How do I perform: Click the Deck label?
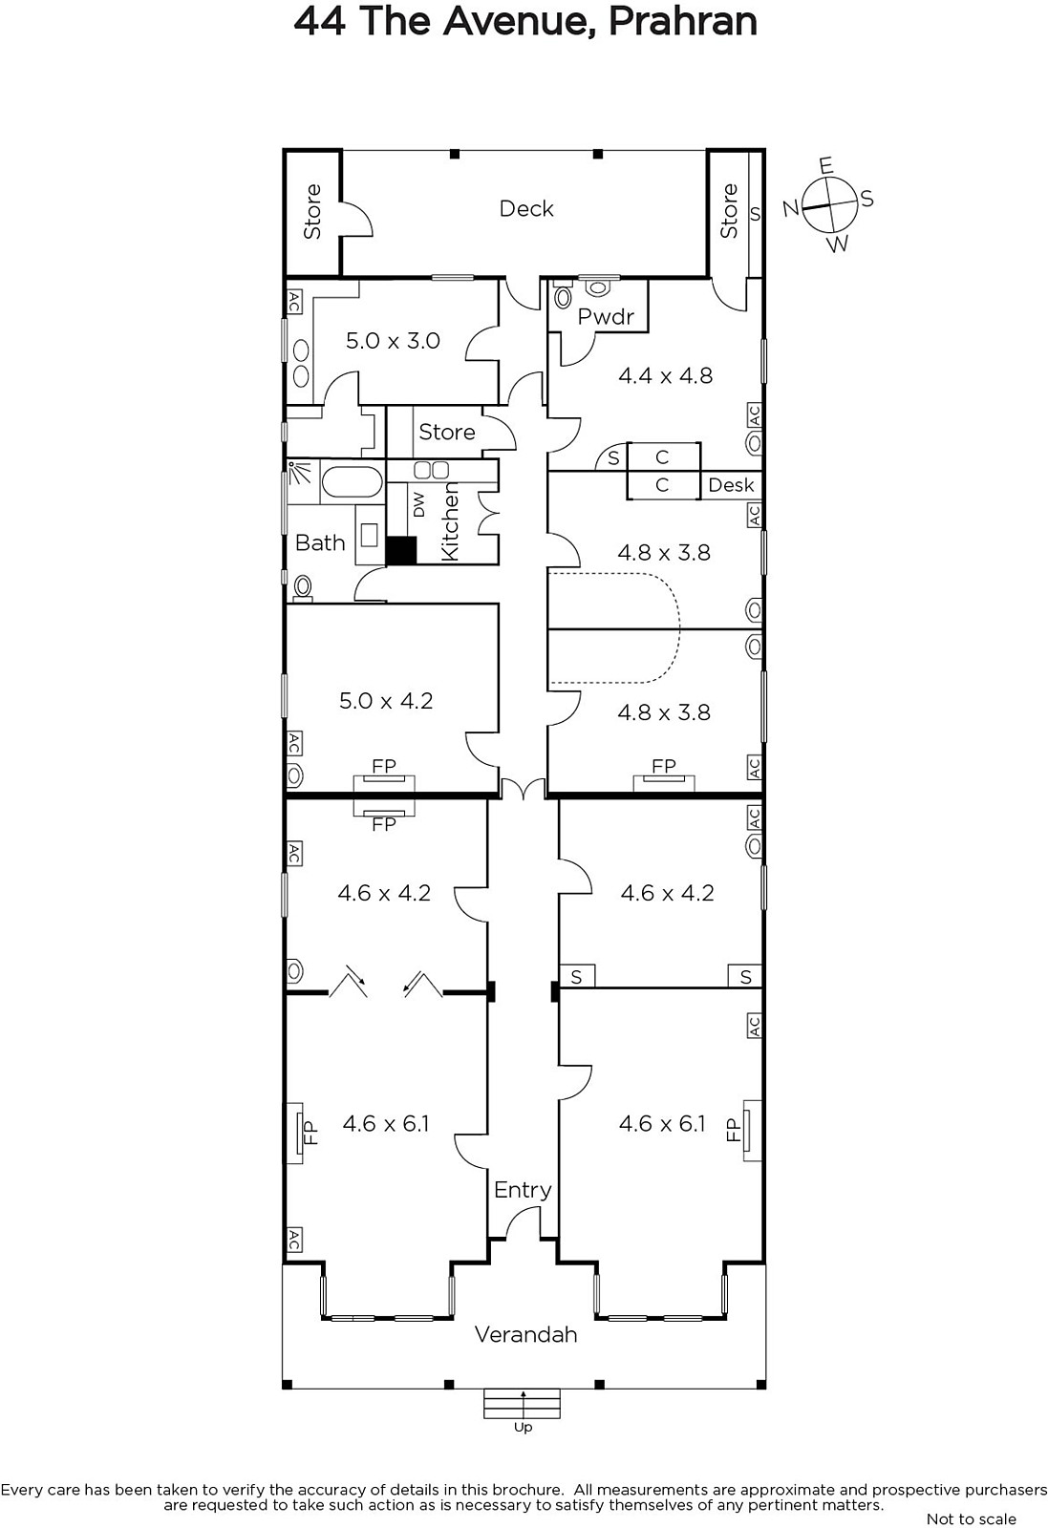click(x=526, y=209)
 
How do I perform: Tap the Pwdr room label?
click(x=605, y=316)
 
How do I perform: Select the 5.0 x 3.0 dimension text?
click(x=393, y=340)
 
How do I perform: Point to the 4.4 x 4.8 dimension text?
click(x=665, y=375)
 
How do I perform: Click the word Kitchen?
click(x=450, y=521)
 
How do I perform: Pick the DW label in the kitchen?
click(x=419, y=505)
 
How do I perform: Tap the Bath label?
click(x=320, y=543)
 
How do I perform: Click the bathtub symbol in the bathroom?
click(x=352, y=481)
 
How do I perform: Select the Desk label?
click(x=732, y=485)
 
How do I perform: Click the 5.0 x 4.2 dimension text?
click(x=386, y=701)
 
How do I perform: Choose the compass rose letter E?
click(x=826, y=166)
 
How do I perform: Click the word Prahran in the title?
click(x=682, y=21)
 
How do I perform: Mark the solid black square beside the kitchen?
click(x=401, y=550)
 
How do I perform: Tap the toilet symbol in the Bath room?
click(x=302, y=588)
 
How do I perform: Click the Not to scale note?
click(x=971, y=1518)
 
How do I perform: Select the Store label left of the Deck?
click(x=311, y=211)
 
